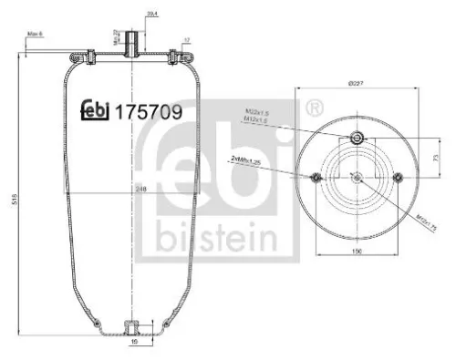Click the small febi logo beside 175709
95,110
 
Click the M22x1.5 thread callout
256,113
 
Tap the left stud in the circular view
316,177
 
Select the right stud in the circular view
399,177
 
